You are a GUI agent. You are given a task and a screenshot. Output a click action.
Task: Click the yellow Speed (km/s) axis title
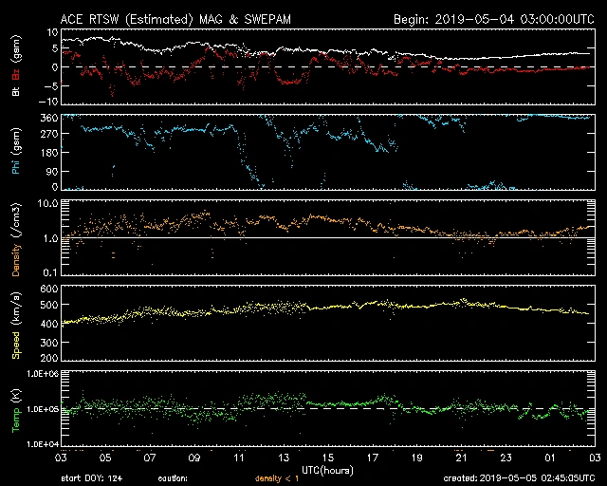pyautogui.click(x=16, y=324)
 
